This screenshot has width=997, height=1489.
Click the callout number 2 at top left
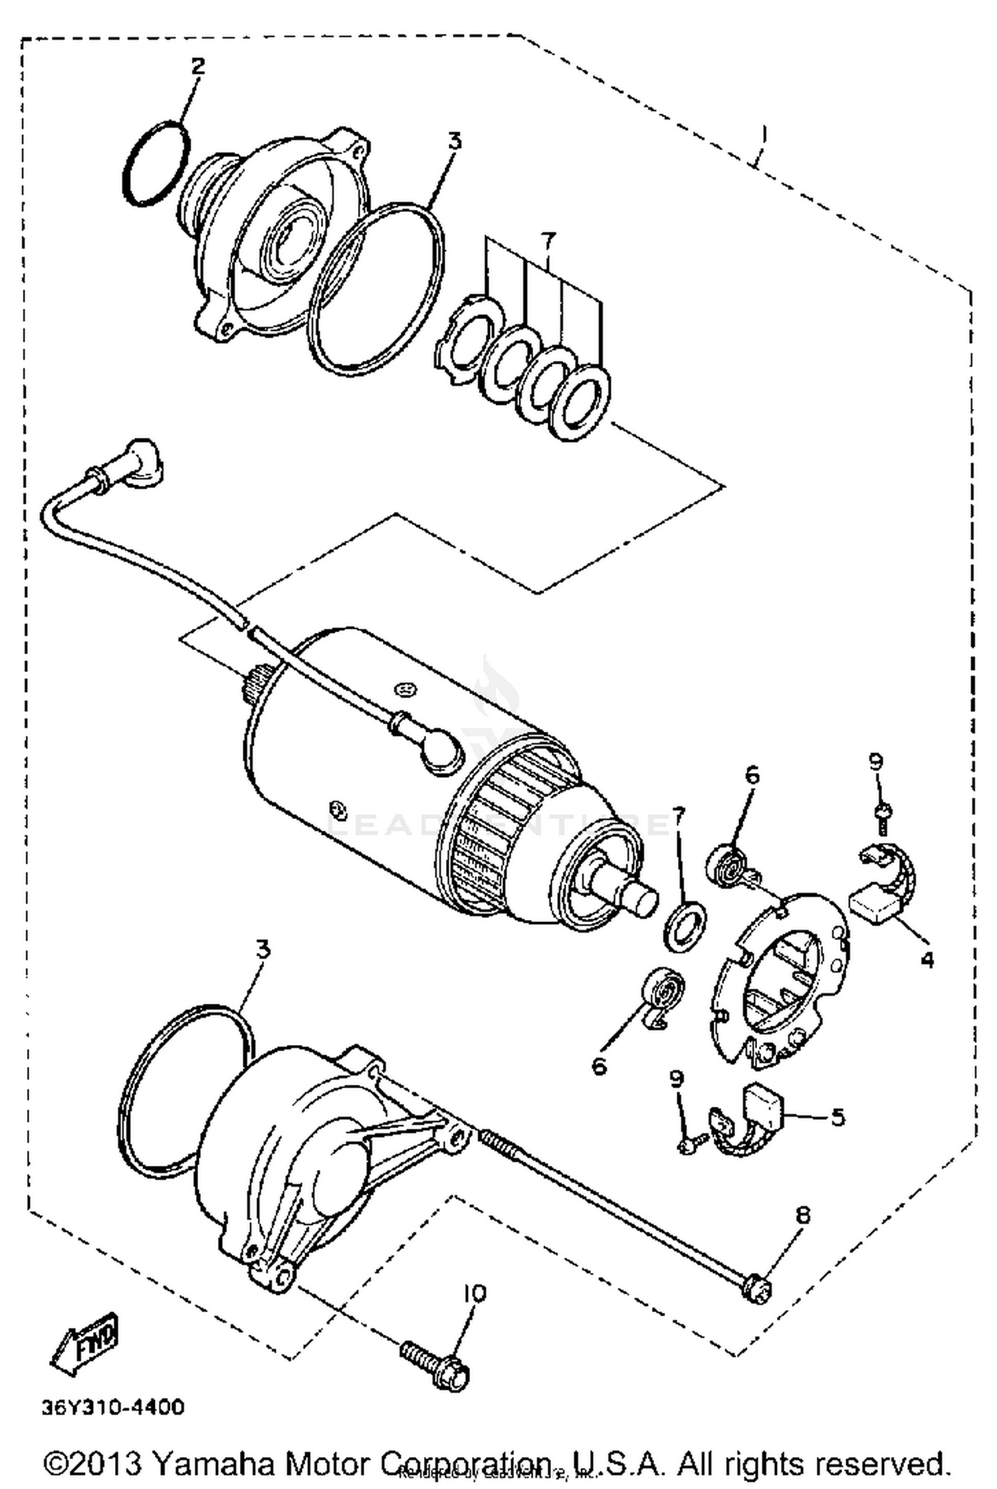(x=198, y=66)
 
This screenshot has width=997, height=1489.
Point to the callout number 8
(x=803, y=1215)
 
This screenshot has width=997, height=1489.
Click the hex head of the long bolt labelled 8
(x=758, y=1290)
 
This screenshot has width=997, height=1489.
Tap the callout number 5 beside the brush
(x=837, y=1117)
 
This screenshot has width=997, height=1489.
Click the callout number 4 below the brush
(x=927, y=959)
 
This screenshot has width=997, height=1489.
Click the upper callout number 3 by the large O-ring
(x=454, y=141)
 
